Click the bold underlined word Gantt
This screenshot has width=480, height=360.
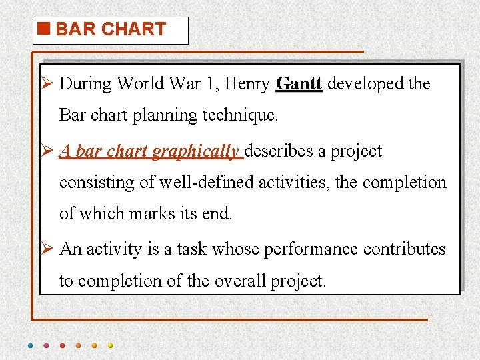[x=299, y=84]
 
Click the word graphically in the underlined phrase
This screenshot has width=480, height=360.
[x=195, y=151]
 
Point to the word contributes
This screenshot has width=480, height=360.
[x=405, y=249]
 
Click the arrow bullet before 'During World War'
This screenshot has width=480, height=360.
[x=47, y=84]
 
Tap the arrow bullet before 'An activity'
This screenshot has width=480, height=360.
[x=47, y=249]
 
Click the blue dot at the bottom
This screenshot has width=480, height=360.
[x=30, y=345]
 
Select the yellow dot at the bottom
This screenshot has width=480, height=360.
[x=110, y=345]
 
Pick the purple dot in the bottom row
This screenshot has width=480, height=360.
[x=46, y=345]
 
